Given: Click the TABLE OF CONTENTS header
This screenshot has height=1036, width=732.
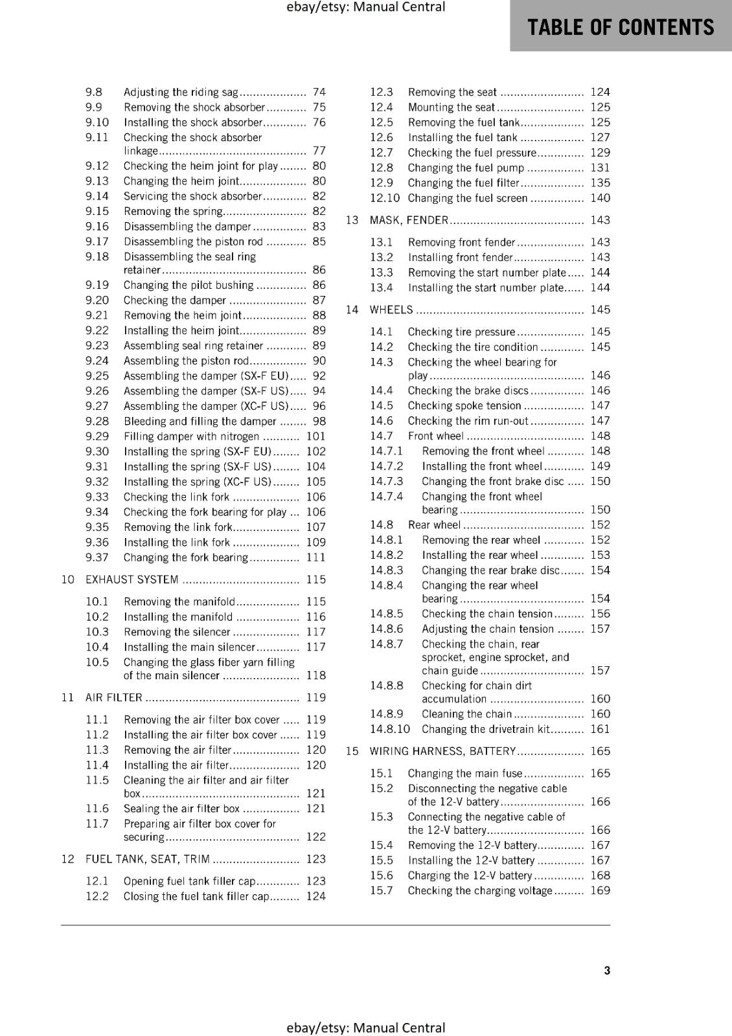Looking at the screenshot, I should click(x=620, y=27).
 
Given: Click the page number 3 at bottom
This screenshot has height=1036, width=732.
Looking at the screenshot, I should click(x=606, y=970).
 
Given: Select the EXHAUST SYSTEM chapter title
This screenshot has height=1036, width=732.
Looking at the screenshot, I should click(x=132, y=580).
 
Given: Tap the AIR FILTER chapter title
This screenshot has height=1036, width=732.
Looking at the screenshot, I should click(x=114, y=697).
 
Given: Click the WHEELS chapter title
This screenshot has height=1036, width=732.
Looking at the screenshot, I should click(x=391, y=310).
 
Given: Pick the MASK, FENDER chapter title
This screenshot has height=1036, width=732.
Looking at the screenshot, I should click(x=409, y=220).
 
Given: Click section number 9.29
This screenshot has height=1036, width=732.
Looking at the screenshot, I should click(x=97, y=436).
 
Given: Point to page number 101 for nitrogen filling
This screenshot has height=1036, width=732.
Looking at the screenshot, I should click(x=315, y=436).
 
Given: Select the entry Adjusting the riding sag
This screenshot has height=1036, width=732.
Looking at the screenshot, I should click(x=181, y=92).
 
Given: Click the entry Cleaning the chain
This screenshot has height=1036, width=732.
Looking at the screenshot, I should click(x=466, y=714).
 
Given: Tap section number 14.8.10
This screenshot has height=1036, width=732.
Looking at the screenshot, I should click(x=390, y=729).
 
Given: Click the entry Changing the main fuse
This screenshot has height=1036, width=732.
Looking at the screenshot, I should click(x=464, y=773).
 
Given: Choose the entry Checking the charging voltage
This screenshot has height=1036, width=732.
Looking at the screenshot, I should click(x=479, y=890).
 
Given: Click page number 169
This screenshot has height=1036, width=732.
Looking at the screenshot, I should click(x=600, y=890).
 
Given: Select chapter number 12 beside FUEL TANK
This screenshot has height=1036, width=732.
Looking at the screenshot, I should click(x=67, y=859).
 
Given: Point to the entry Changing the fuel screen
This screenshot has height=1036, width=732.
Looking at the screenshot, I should click(x=467, y=198).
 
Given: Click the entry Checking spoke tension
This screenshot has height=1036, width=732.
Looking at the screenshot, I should click(x=464, y=405).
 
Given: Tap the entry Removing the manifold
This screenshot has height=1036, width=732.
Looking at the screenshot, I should click(x=179, y=602).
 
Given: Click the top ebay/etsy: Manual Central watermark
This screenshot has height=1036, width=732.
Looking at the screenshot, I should click(x=365, y=7).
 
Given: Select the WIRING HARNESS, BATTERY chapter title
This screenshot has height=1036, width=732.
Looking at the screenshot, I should click(x=442, y=751).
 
